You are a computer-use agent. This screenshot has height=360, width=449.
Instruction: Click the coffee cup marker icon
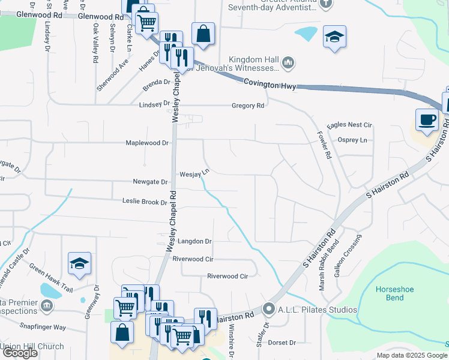427,119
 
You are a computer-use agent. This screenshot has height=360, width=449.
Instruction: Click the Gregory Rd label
248,106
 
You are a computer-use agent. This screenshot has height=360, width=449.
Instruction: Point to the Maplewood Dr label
148,143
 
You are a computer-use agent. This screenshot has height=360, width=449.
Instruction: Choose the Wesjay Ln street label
194,173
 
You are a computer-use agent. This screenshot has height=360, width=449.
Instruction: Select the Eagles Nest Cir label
351,125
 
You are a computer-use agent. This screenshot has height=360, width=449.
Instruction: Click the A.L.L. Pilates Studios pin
268,310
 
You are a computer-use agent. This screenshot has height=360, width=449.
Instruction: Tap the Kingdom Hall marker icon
289,62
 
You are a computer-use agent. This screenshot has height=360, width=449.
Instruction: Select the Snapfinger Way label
43,327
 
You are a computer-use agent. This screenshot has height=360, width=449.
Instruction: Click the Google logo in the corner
20,353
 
